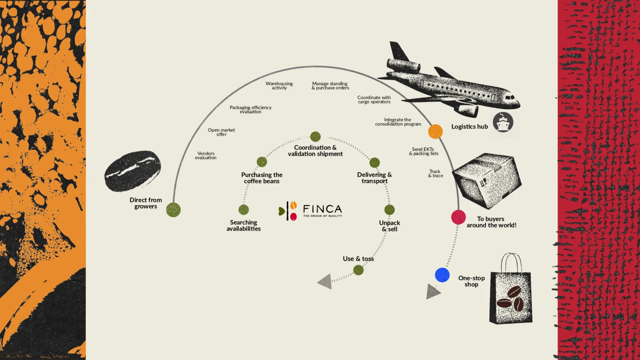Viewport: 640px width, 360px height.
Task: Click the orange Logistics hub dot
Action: coord(435,132)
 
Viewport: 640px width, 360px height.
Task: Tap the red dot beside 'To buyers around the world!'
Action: coord(458,217)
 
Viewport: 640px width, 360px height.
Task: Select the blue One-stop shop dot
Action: coord(442,275)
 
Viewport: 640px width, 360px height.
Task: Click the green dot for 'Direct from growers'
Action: coord(173,210)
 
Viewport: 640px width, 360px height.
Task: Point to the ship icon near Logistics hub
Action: coord(503,122)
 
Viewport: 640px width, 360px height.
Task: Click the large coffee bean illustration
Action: coord(133,171)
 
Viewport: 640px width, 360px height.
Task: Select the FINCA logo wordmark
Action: coord(322,209)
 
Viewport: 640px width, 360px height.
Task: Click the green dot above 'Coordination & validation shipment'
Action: coord(315,136)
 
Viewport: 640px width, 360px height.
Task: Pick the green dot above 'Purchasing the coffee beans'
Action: coord(262,162)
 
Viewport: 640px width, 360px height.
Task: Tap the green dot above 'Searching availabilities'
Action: coord(244,210)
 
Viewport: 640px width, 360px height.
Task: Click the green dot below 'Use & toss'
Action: coord(358,270)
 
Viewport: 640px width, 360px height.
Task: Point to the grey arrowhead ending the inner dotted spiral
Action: coord(325,282)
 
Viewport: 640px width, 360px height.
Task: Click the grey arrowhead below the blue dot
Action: coord(433,292)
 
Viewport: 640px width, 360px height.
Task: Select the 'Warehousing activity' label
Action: coord(279,86)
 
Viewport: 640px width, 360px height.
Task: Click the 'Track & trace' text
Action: coord(435,173)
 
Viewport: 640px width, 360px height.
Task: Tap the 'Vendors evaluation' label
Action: coord(206,156)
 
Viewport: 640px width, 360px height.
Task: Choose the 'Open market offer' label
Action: coord(221,132)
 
